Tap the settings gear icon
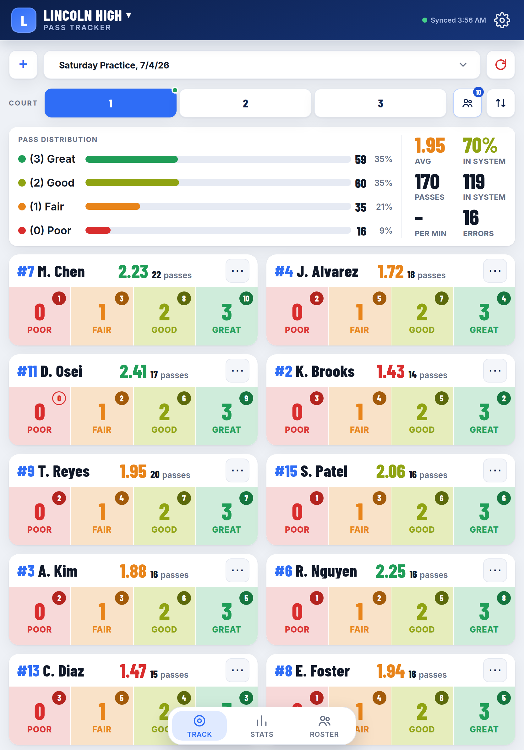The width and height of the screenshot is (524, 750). [x=502, y=20]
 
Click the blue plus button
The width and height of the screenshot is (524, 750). [x=23, y=65]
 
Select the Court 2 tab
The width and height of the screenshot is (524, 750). [x=245, y=103]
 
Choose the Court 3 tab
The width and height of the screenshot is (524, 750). [x=380, y=103]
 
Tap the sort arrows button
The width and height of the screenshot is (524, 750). [x=500, y=103]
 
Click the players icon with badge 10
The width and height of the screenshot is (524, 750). [x=467, y=103]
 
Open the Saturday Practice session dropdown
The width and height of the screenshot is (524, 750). [x=262, y=65]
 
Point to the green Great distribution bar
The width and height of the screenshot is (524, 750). [x=132, y=159]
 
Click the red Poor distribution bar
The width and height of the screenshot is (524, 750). [x=98, y=230]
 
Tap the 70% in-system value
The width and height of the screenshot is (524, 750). [x=480, y=146]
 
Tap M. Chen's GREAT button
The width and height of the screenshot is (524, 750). [x=227, y=316]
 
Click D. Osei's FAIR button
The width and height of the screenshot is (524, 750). [x=102, y=416]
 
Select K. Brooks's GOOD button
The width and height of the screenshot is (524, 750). [x=422, y=416]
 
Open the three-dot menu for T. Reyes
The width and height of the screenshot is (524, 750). [x=237, y=470]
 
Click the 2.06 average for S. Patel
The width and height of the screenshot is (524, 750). [x=390, y=472]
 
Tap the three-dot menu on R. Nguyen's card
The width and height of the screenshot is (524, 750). [x=495, y=570]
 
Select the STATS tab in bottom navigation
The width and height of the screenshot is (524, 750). [x=262, y=726]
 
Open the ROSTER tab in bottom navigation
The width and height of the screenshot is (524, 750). [x=324, y=726]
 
